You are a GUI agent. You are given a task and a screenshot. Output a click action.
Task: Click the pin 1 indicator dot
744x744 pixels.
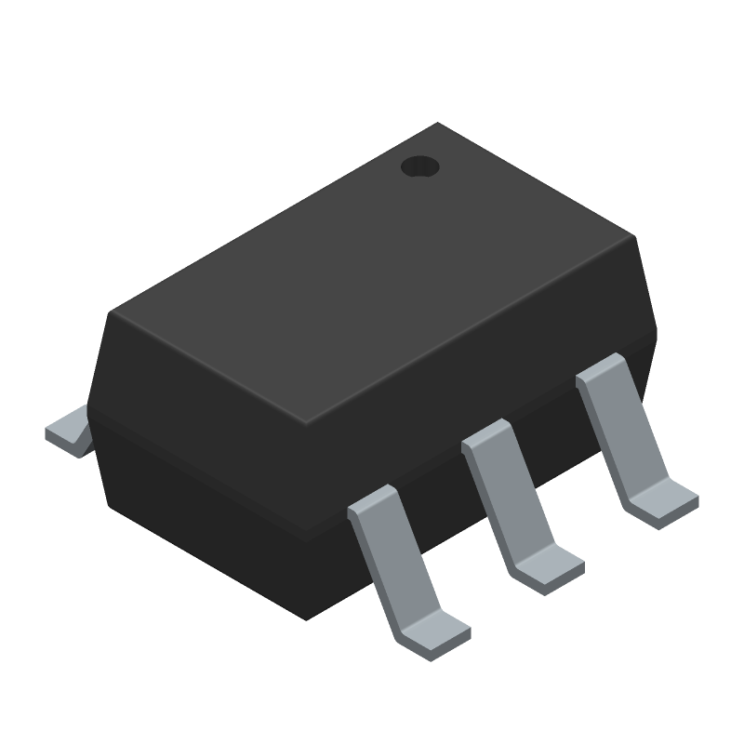point(419,166)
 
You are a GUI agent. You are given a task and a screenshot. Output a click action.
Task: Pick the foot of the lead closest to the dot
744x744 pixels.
point(663,500)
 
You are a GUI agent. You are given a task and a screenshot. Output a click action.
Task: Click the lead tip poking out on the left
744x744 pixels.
point(69,432)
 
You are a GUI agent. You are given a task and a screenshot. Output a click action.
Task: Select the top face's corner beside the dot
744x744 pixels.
point(437,125)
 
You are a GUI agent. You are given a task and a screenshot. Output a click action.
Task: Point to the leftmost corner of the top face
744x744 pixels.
point(110,312)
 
